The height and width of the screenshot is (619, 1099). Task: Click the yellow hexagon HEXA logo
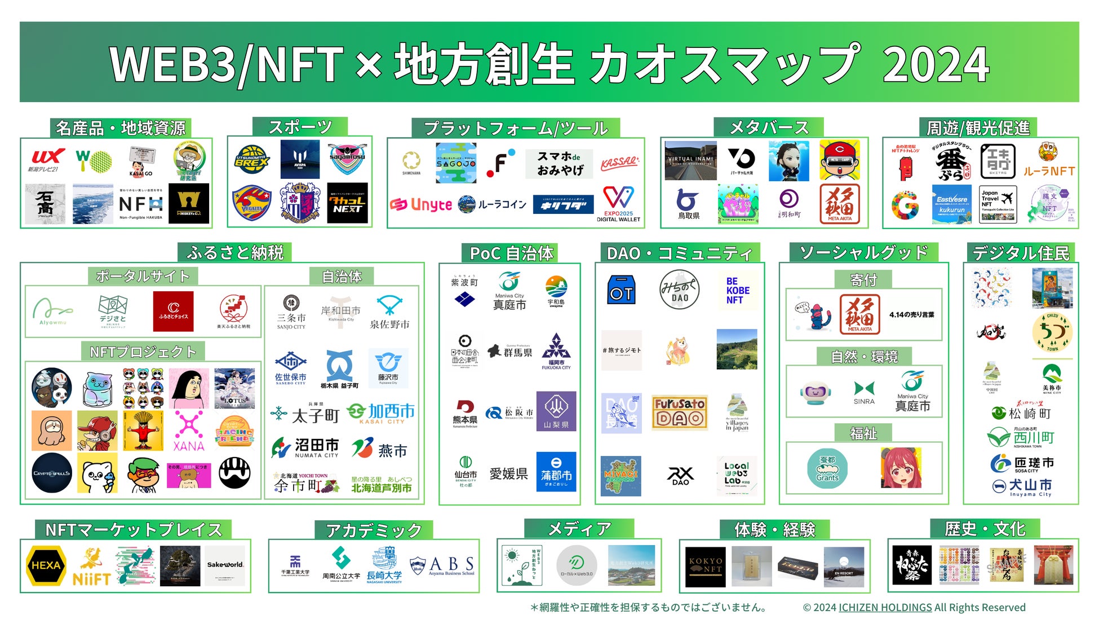(x=46, y=565)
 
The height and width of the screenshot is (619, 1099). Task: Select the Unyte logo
(x=421, y=204)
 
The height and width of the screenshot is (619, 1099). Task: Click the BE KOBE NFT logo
(x=737, y=291)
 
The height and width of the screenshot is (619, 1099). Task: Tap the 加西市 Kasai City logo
(x=381, y=413)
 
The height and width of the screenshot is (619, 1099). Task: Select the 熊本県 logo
(x=465, y=414)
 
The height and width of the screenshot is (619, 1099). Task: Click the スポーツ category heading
(x=300, y=127)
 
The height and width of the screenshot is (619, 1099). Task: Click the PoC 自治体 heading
(x=511, y=253)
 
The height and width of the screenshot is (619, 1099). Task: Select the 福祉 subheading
(x=863, y=433)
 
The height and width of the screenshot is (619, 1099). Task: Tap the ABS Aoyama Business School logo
(x=444, y=565)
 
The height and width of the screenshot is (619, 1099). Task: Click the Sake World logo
(x=225, y=565)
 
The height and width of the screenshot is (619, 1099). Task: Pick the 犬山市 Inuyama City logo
(x=1022, y=486)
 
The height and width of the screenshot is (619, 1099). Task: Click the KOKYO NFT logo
(x=705, y=565)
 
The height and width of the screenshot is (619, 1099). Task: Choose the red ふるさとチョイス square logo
(x=173, y=311)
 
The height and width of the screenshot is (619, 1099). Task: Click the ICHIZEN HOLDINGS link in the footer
(x=885, y=607)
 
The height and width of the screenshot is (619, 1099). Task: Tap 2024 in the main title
(x=936, y=65)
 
